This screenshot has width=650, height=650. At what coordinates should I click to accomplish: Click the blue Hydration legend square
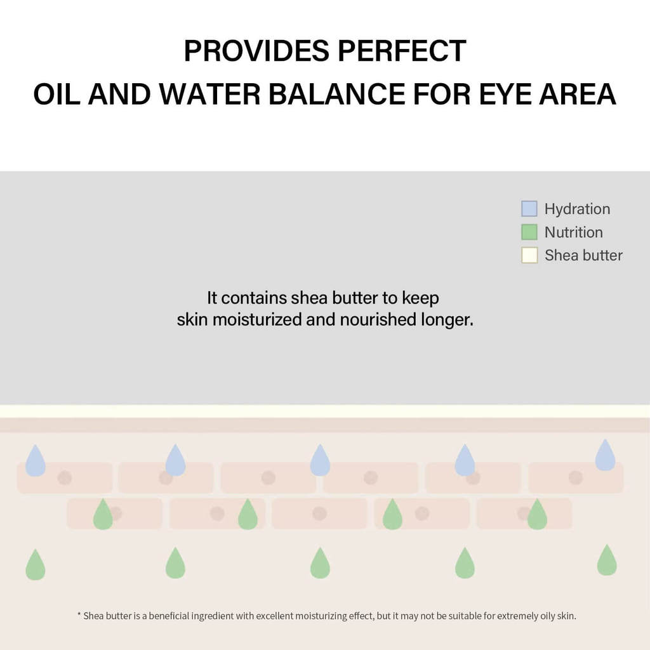click(x=529, y=209)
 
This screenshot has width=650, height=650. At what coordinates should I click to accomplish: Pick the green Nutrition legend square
click(x=529, y=232)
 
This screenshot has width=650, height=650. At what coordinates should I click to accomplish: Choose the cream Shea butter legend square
click(x=529, y=255)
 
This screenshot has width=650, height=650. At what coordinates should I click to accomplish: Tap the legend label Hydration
click(x=577, y=209)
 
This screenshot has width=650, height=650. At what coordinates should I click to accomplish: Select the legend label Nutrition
click(x=573, y=232)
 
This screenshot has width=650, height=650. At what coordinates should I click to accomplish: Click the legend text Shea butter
click(x=583, y=255)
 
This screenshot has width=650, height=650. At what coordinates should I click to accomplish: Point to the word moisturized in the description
click(x=257, y=319)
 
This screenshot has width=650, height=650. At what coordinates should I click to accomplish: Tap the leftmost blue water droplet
click(x=36, y=462)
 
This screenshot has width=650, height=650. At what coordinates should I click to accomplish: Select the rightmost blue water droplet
click(x=605, y=456)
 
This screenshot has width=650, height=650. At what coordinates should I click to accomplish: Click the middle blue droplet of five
click(x=320, y=461)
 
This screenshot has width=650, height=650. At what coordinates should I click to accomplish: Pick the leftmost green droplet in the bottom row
click(x=36, y=566)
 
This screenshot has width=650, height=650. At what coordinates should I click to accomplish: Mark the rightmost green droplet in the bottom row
click(x=607, y=561)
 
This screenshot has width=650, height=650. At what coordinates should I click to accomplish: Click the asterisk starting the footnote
click(x=79, y=616)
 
